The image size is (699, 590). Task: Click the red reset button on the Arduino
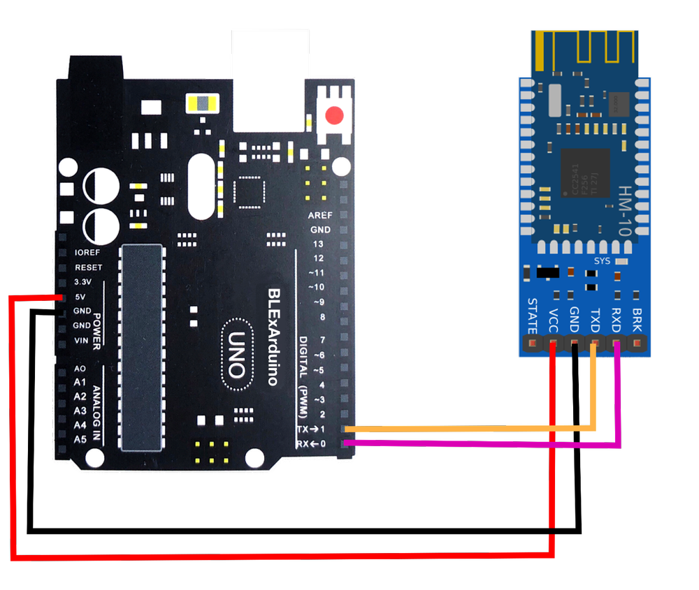tap(336, 115)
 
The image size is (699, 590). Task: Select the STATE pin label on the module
tap(533, 316)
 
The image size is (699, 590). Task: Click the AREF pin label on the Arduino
tap(320, 215)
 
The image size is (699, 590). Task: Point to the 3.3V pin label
tap(82, 282)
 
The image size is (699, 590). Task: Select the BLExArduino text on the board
tap(274, 335)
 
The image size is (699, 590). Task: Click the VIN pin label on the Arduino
tap(82, 341)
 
